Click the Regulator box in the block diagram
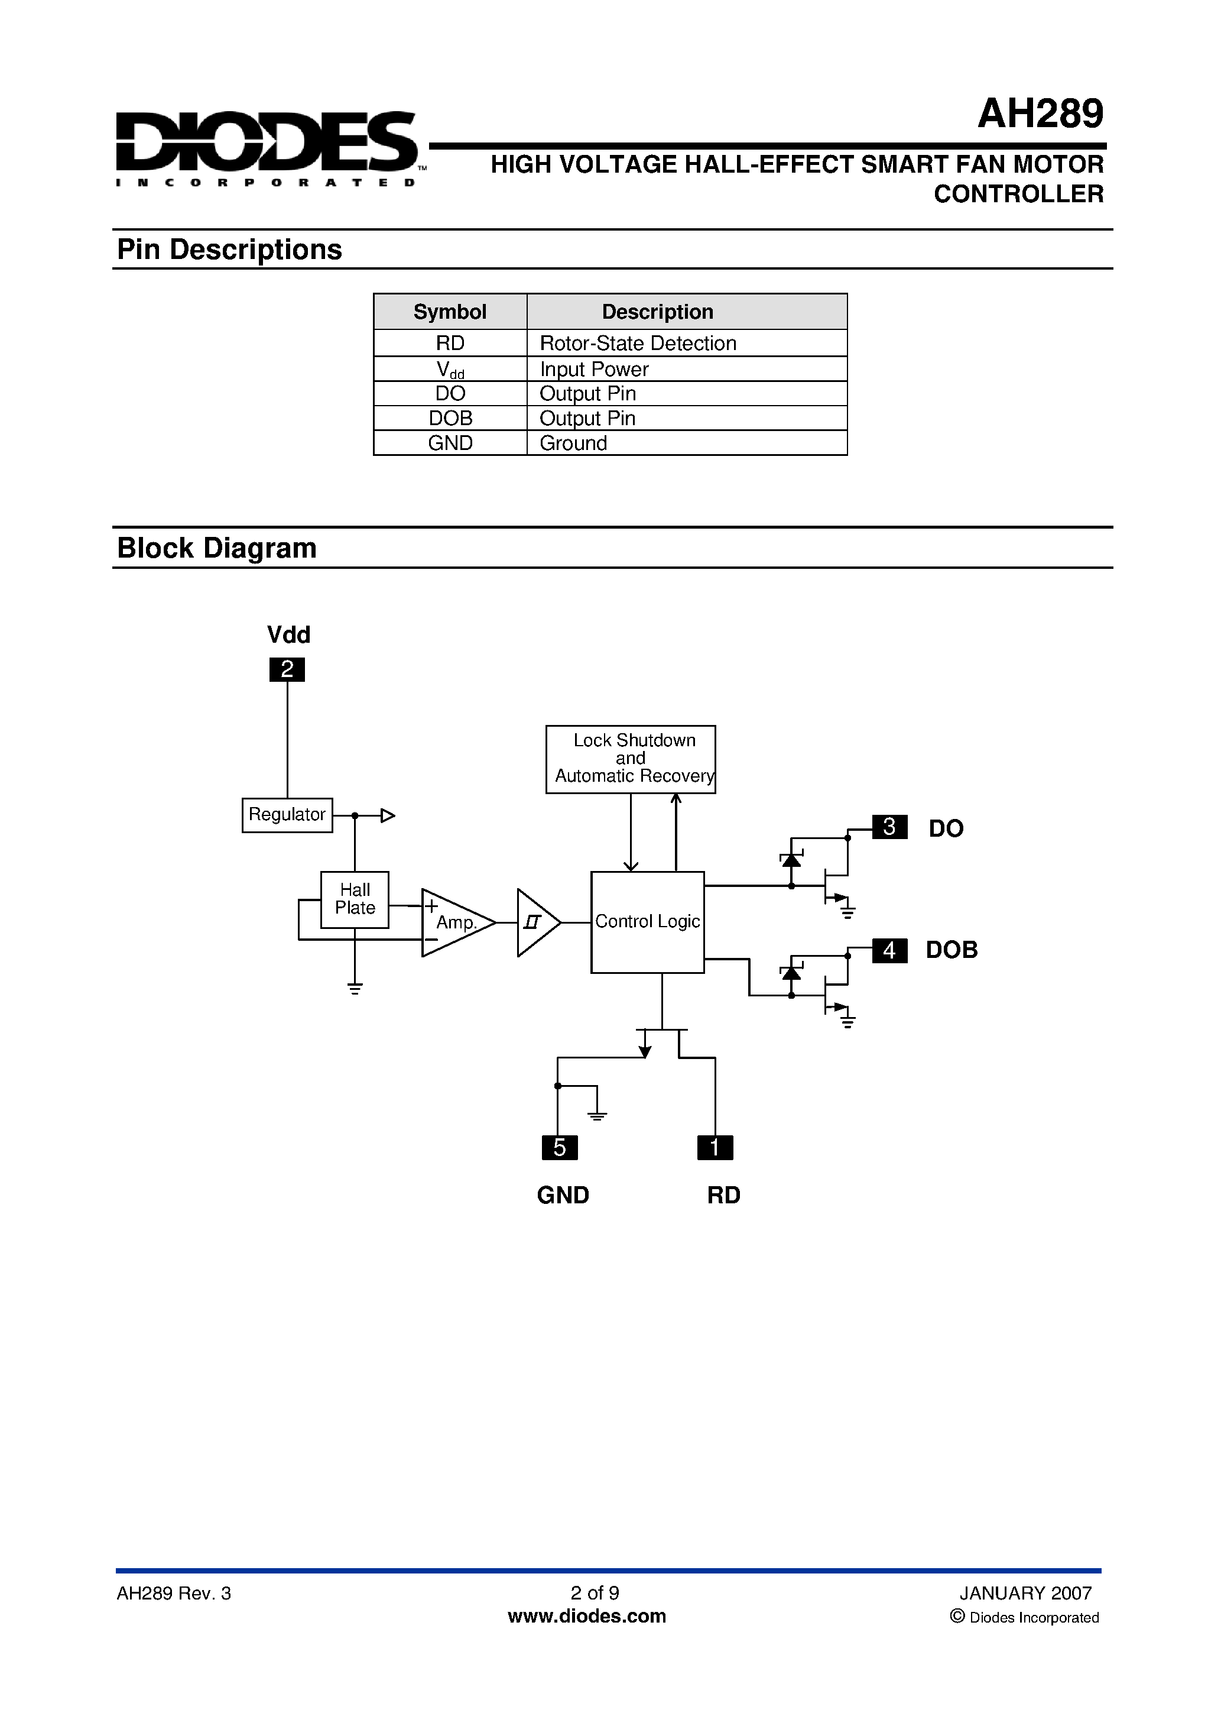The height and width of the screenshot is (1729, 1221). click(x=287, y=815)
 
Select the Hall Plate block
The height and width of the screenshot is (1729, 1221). click(x=355, y=899)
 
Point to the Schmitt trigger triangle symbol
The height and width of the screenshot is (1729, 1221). click(x=535, y=922)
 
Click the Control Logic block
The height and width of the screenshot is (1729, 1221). click(x=647, y=922)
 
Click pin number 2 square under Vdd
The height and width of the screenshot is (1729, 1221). click(x=287, y=669)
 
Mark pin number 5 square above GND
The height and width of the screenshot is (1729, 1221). click(x=559, y=1148)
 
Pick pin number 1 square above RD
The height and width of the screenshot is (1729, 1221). click(x=715, y=1148)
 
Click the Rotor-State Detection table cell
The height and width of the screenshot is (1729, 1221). click(x=638, y=344)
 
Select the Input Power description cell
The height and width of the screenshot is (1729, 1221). click(x=594, y=369)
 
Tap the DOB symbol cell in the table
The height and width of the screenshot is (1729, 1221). click(x=450, y=418)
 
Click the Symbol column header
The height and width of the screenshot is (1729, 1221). click(x=450, y=312)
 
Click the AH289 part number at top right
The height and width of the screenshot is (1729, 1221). click(x=1040, y=115)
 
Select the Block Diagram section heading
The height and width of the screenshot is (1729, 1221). click(x=217, y=548)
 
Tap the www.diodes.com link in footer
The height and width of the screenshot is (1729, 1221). click(x=586, y=1616)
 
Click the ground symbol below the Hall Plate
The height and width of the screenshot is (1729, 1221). click(x=355, y=988)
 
